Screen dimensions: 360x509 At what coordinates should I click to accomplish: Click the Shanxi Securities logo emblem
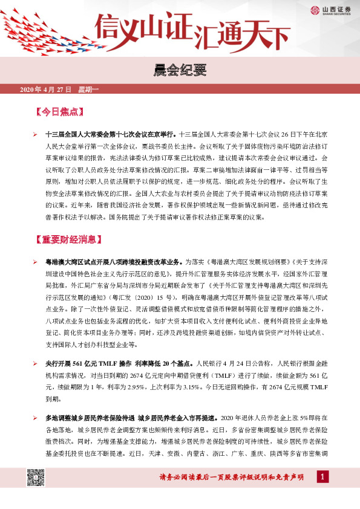pyautogui.click(x=315, y=10)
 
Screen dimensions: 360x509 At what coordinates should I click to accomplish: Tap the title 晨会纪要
pyautogui.click(x=180, y=71)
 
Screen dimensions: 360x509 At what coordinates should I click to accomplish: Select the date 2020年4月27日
pyautogui.click(x=46, y=90)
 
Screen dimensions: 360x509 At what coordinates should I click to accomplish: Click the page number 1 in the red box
pyautogui.click(x=322, y=478)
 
